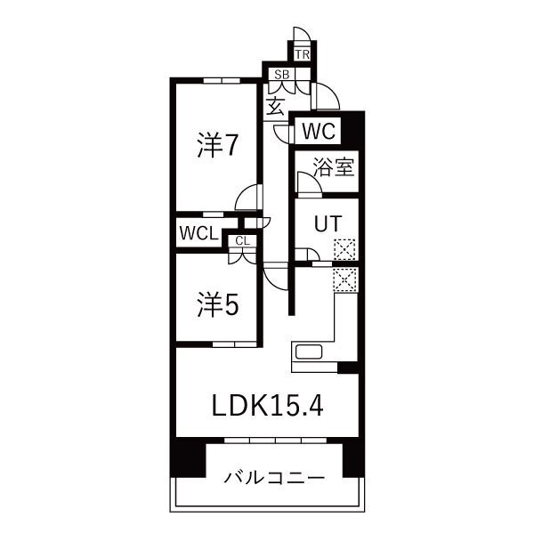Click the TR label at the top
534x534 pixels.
[303, 54]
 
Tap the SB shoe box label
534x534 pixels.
[280, 75]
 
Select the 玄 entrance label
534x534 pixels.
[275, 107]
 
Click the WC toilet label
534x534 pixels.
[317, 132]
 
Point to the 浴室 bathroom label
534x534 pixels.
[334, 166]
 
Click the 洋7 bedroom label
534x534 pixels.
[217, 144]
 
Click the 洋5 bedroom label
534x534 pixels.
[217, 305]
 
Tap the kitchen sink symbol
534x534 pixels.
[311, 352]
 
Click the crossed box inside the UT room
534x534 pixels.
[344, 250]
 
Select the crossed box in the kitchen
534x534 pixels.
[344, 279]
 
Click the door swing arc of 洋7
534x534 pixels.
[251, 196]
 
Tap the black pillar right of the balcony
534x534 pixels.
[351, 458]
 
